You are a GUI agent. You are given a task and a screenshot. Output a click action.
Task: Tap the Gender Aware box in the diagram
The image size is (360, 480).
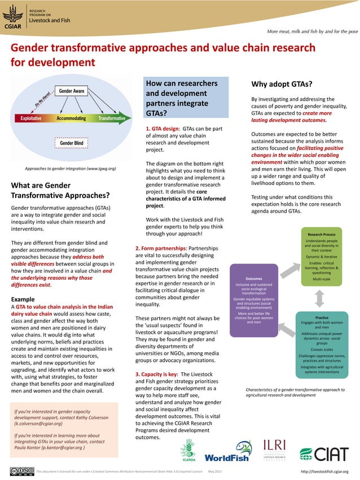point(72,91)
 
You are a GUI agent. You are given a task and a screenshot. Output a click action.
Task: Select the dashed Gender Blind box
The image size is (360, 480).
point(72,143)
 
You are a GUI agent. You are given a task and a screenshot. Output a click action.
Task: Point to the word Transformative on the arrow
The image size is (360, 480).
point(111,118)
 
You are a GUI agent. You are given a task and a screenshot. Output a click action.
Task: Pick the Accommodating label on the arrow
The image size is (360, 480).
point(71,118)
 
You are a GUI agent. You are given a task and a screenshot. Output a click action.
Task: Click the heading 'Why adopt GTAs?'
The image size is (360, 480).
point(282,85)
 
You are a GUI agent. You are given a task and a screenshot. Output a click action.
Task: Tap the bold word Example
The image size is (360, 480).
point(23,299)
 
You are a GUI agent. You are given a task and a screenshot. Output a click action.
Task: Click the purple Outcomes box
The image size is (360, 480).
point(254,302)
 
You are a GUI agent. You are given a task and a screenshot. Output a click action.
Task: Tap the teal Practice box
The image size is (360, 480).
point(322,345)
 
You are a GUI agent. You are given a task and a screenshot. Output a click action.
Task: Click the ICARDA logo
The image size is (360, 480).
point(187,451)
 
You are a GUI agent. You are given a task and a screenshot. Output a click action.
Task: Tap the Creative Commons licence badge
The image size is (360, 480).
point(21,471)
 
